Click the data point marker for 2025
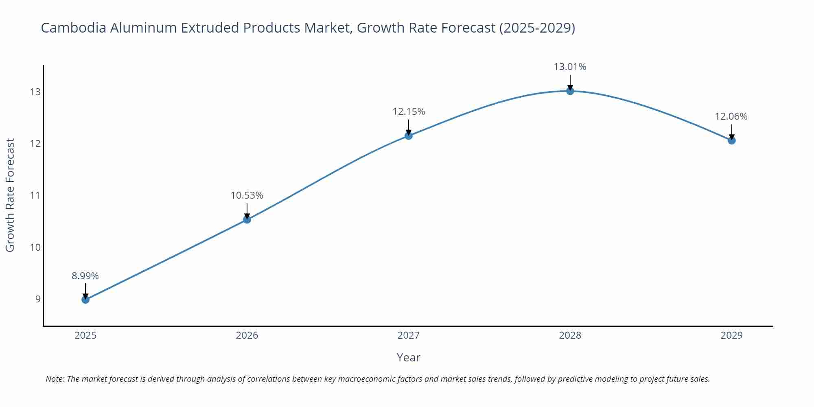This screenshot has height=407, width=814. pyautogui.click(x=85, y=300)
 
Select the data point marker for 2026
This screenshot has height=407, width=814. pyautogui.click(x=247, y=220)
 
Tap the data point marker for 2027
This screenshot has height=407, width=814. pyautogui.click(x=409, y=136)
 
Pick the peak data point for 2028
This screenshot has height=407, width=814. pyautogui.click(x=570, y=91)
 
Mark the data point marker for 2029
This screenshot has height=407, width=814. pyautogui.click(x=731, y=140)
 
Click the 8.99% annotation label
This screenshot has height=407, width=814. pyautogui.click(x=85, y=276)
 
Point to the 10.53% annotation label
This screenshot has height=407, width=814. pyautogui.click(x=247, y=195)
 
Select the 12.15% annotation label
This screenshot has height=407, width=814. pyautogui.click(x=409, y=112)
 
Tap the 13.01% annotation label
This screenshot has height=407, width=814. pyautogui.click(x=570, y=67)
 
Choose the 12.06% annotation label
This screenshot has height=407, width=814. pyautogui.click(x=731, y=116)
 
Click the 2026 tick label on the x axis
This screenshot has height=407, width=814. pyautogui.click(x=247, y=335)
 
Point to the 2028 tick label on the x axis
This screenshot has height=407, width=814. pyautogui.click(x=570, y=335)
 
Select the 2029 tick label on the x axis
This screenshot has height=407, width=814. pyautogui.click(x=731, y=335)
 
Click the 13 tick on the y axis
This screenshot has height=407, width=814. pyautogui.click(x=35, y=92)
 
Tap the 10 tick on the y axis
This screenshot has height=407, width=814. pyautogui.click(x=35, y=247)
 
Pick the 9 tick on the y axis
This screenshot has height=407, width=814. pyautogui.click(x=38, y=299)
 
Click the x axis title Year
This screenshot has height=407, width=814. pyautogui.click(x=408, y=357)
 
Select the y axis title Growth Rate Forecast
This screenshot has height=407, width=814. pyautogui.click(x=10, y=195)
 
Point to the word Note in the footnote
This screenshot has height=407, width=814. pyautogui.click(x=55, y=379)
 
